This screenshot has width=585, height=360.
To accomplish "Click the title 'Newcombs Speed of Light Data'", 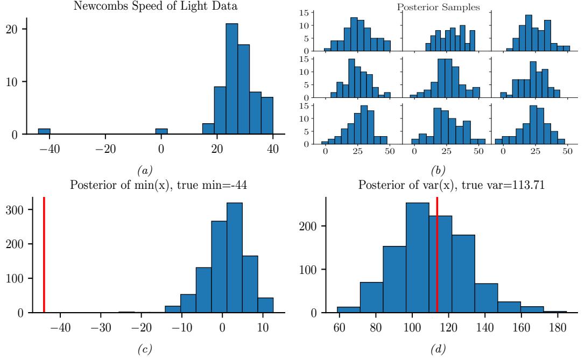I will click(x=147, y=5).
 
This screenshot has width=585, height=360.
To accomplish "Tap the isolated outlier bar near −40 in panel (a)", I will click(x=44, y=131).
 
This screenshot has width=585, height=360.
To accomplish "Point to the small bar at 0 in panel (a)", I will click(x=161, y=131).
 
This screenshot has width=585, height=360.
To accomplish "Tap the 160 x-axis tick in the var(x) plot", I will click(x=520, y=328).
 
